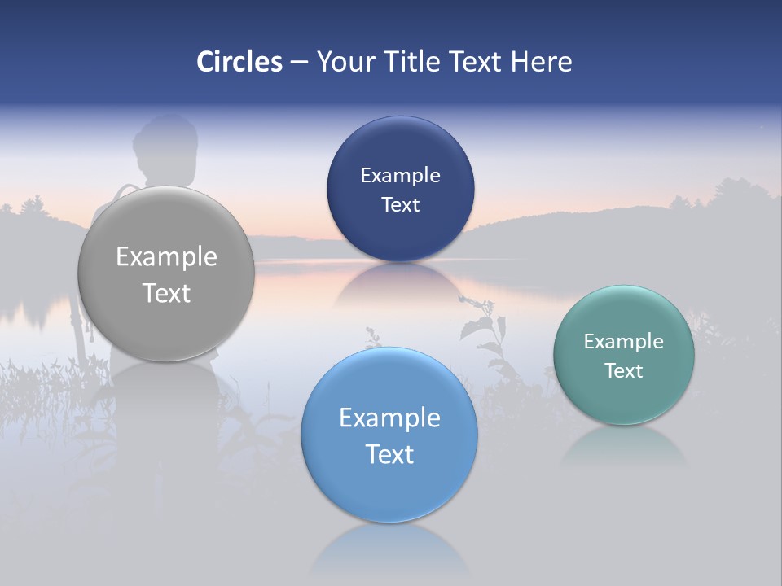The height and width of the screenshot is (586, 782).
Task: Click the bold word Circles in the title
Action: pyautogui.click(x=239, y=62)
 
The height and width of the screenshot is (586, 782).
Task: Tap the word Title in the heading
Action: pyautogui.click(x=410, y=62)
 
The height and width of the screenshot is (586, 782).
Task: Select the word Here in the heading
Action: pyautogui.click(x=541, y=62)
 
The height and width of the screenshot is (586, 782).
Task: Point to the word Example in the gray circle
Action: pyautogui.click(x=166, y=256)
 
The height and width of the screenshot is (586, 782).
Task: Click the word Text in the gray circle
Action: pyautogui.click(x=166, y=293)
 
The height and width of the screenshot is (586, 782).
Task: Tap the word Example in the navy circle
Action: pyautogui.click(x=400, y=175)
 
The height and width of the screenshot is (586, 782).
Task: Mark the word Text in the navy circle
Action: pyautogui.click(x=400, y=204)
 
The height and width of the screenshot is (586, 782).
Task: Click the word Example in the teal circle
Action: pyautogui.click(x=624, y=341)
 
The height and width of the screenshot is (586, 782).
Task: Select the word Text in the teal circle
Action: pyautogui.click(x=624, y=370)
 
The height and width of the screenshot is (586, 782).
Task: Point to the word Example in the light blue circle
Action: pyautogui.click(x=389, y=418)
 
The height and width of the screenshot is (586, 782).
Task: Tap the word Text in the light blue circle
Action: pyautogui.click(x=389, y=453)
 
